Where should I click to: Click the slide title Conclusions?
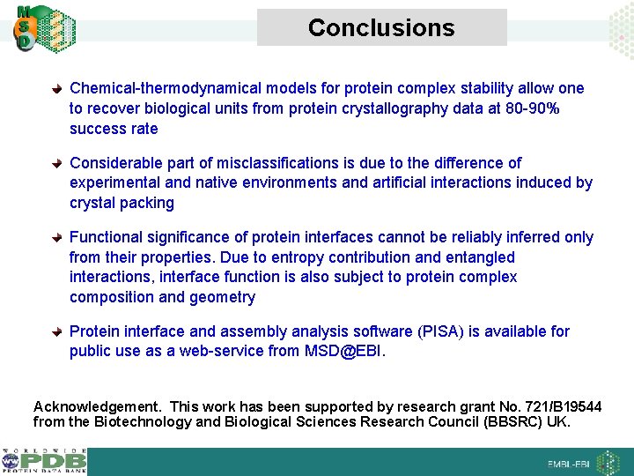[381, 28]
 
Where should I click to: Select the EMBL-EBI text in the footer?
[569, 464]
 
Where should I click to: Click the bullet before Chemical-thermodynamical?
[57, 89]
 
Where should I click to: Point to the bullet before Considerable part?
[57, 164]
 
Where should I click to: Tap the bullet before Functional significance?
[57, 238]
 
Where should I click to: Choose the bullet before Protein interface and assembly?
[57, 332]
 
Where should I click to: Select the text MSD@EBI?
[344, 352]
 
